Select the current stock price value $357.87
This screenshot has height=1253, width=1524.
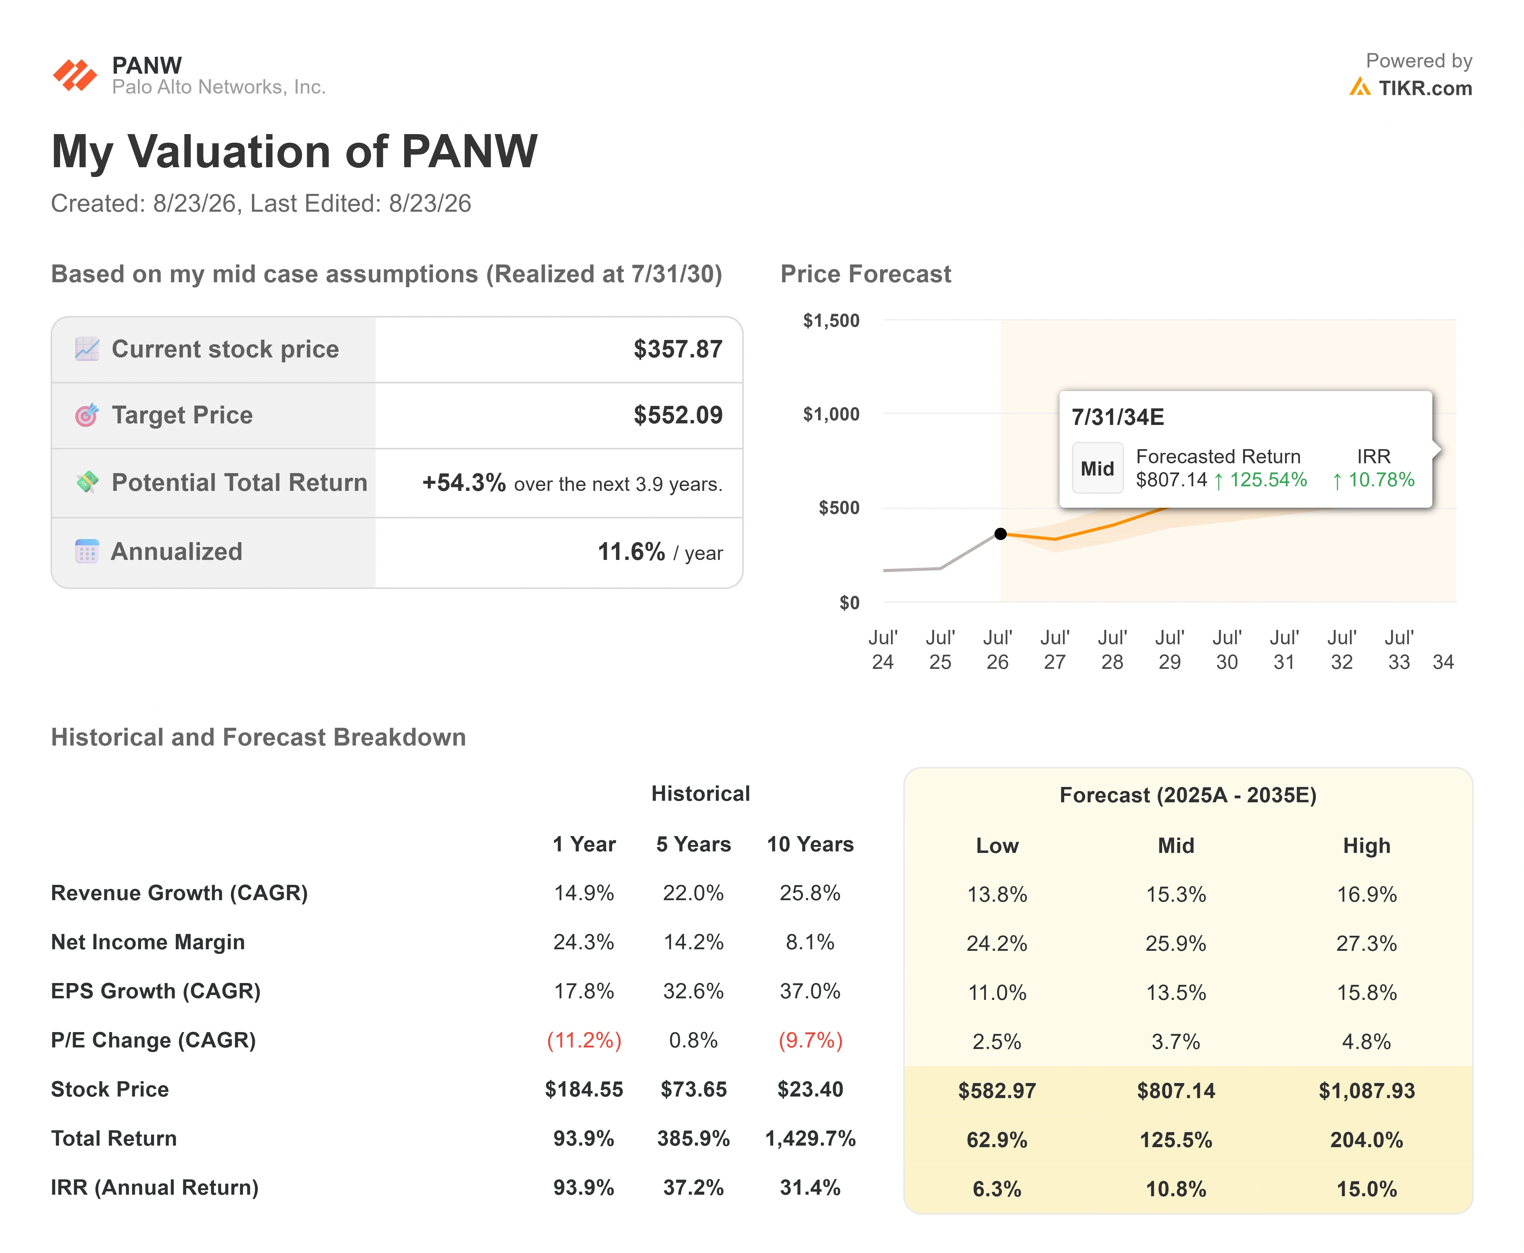tap(678, 349)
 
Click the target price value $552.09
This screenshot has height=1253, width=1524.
tap(678, 415)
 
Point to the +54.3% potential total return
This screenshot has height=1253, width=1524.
tap(464, 482)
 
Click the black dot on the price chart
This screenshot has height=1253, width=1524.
tap(1000, 534)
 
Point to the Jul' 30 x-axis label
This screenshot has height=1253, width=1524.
tap(1227, 650)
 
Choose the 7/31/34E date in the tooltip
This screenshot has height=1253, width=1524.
tap(1118, 417)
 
